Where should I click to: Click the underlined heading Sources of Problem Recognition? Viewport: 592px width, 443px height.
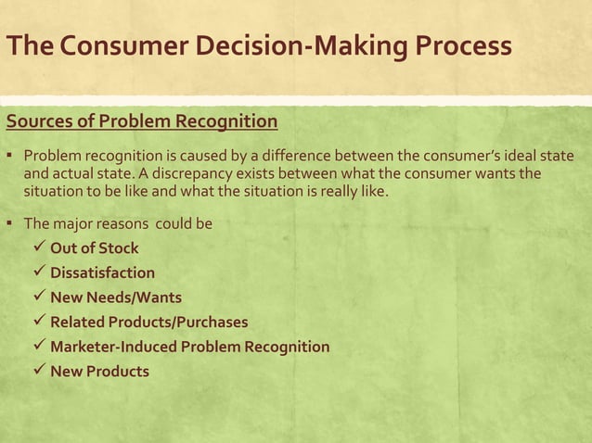142,121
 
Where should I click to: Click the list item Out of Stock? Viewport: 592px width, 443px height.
94,248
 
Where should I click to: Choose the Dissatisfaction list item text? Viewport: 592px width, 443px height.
102,273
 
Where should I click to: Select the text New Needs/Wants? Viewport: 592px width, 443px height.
116,297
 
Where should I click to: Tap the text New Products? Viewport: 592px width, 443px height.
98,372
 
